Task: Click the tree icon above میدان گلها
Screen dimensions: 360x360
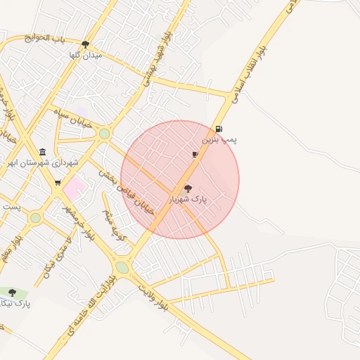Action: pyautogui.click(x=86, y=44)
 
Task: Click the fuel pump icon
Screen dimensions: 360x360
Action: pyautogui.click(x=219, y=129)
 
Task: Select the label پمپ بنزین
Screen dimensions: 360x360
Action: pyautogui.click(x=219, y=140)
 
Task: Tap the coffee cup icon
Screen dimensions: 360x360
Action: pyautogui.click(x=195, y=153)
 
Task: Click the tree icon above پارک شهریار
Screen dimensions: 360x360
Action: pyautogui.click(x=188, y=188)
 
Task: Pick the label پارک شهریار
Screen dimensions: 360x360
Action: pyautogui.click(x=188, y=200)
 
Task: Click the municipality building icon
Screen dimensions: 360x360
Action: pyautogui.click(x=43, y=152)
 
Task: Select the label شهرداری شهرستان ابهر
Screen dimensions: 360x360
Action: pyautogui.click(x=42, y=162)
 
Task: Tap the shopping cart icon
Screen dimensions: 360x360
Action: pyautogui.click(x=58, y=183)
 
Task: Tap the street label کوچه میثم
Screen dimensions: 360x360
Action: pyautogui.click(x=113, y=224)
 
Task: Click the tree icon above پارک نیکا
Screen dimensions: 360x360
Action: pyautogui.click(x=12, y=292)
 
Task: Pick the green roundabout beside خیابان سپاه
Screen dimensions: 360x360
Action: pyautogui.click(x=105, y=134)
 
